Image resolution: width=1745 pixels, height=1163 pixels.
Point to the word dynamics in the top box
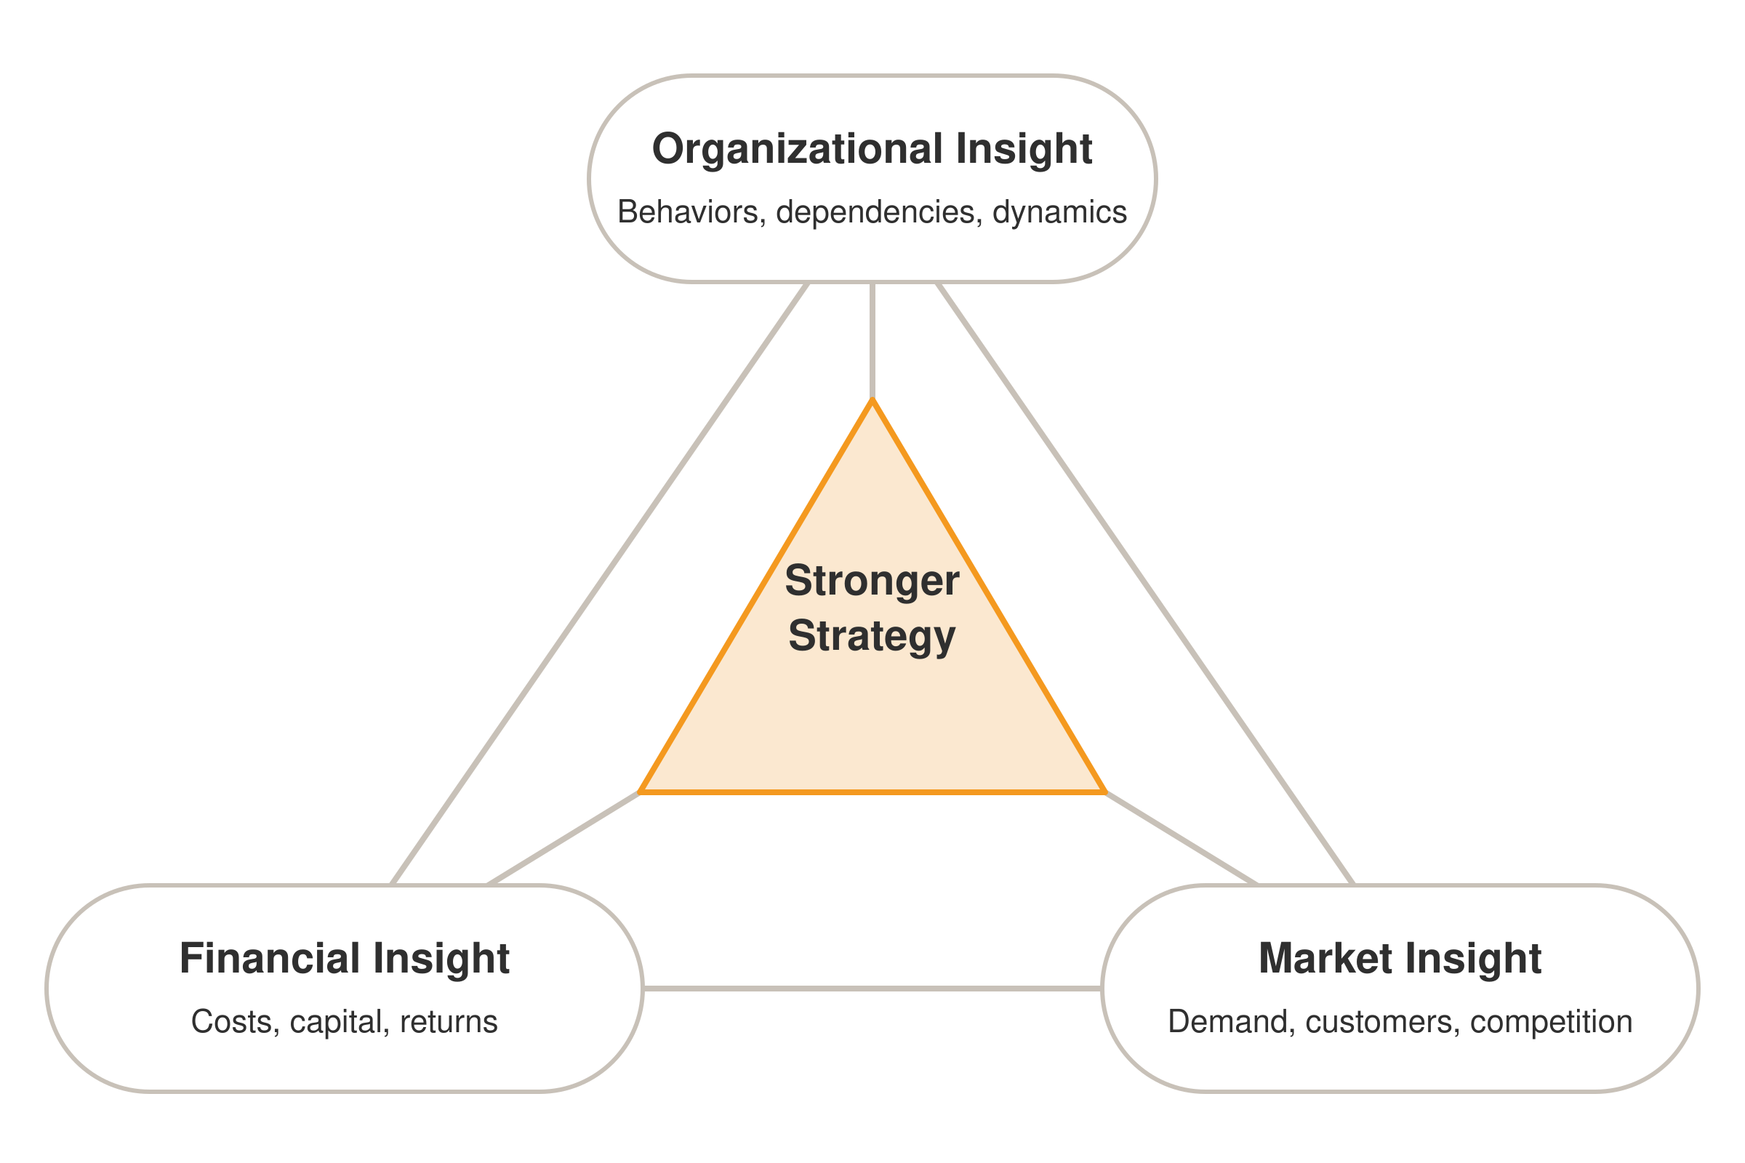tap(1059, 213)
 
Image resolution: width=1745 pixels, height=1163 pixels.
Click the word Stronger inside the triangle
tap(872, 581)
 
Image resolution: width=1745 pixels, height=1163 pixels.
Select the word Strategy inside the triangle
tap(872, 637)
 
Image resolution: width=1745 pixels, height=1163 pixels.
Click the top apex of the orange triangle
tap(872, 400)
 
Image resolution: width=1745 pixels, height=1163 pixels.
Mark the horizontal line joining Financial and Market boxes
tap(872, 989)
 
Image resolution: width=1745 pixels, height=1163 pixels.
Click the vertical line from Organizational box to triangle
tap(872, 341)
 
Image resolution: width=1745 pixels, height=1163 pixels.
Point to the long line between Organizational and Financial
tap(599, 584)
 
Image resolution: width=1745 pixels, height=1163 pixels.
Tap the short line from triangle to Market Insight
tap(1181, 839)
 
